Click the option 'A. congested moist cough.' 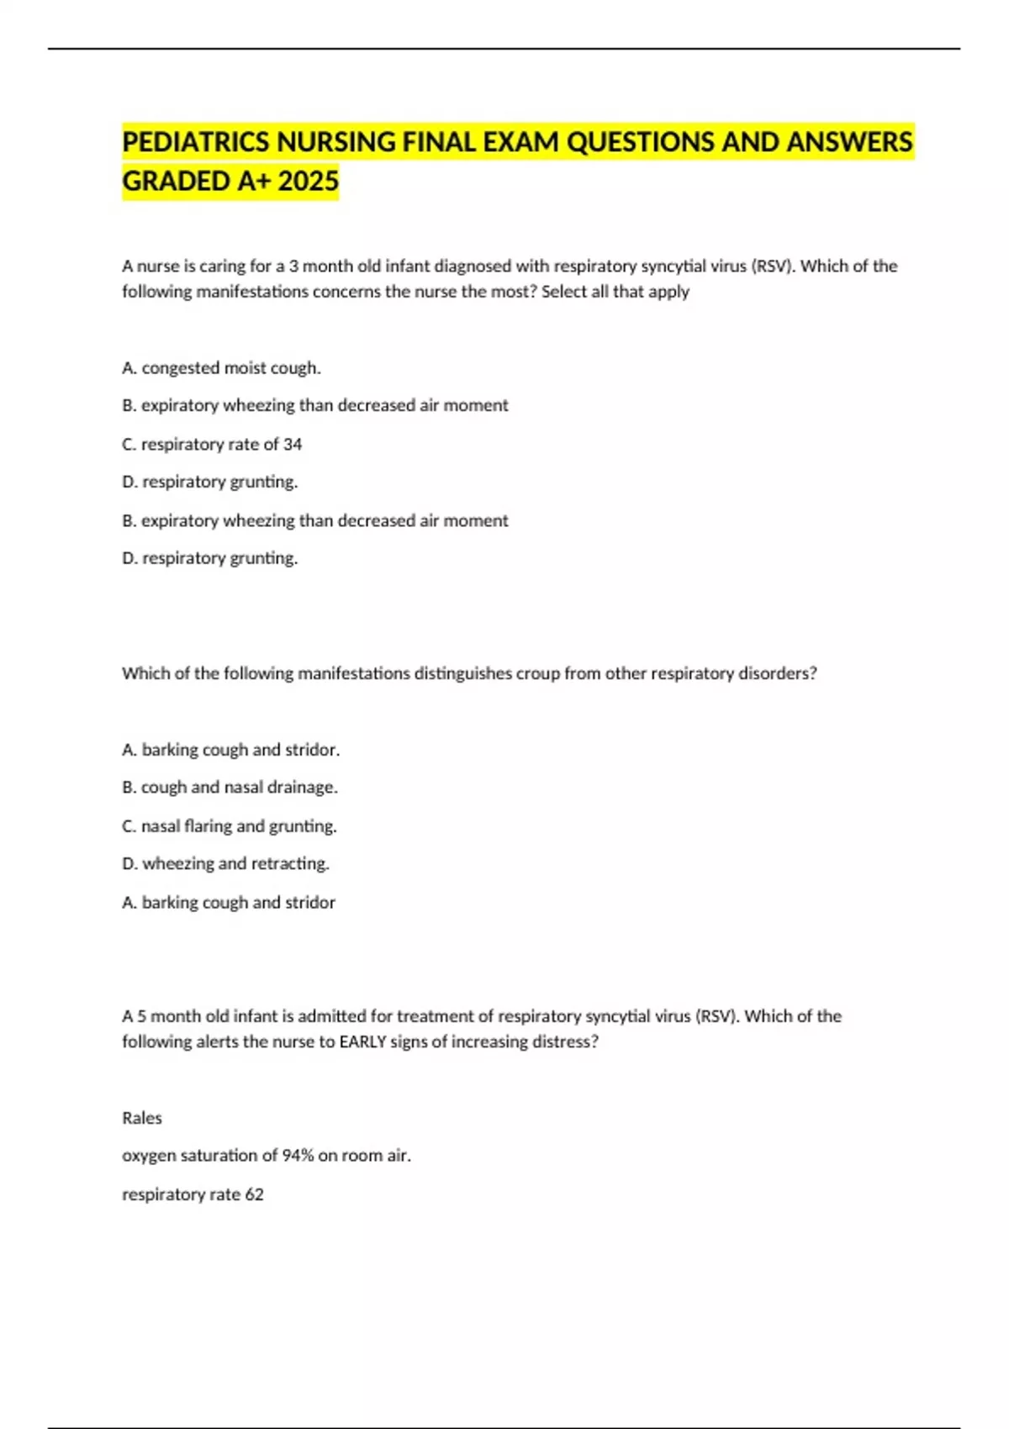221,368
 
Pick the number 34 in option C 292,445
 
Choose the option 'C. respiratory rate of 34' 212,445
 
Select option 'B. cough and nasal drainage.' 230,788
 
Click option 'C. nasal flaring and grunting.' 230,826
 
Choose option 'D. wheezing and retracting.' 225,863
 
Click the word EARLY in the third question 362,1041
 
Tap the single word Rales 142,1118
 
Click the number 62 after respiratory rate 254,1194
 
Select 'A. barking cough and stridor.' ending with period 231,750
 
